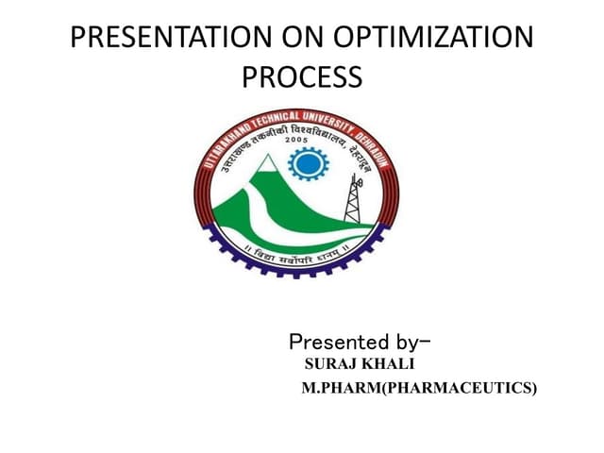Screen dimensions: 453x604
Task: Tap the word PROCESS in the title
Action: pos(302,77)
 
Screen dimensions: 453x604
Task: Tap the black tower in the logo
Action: pos(354,199)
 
